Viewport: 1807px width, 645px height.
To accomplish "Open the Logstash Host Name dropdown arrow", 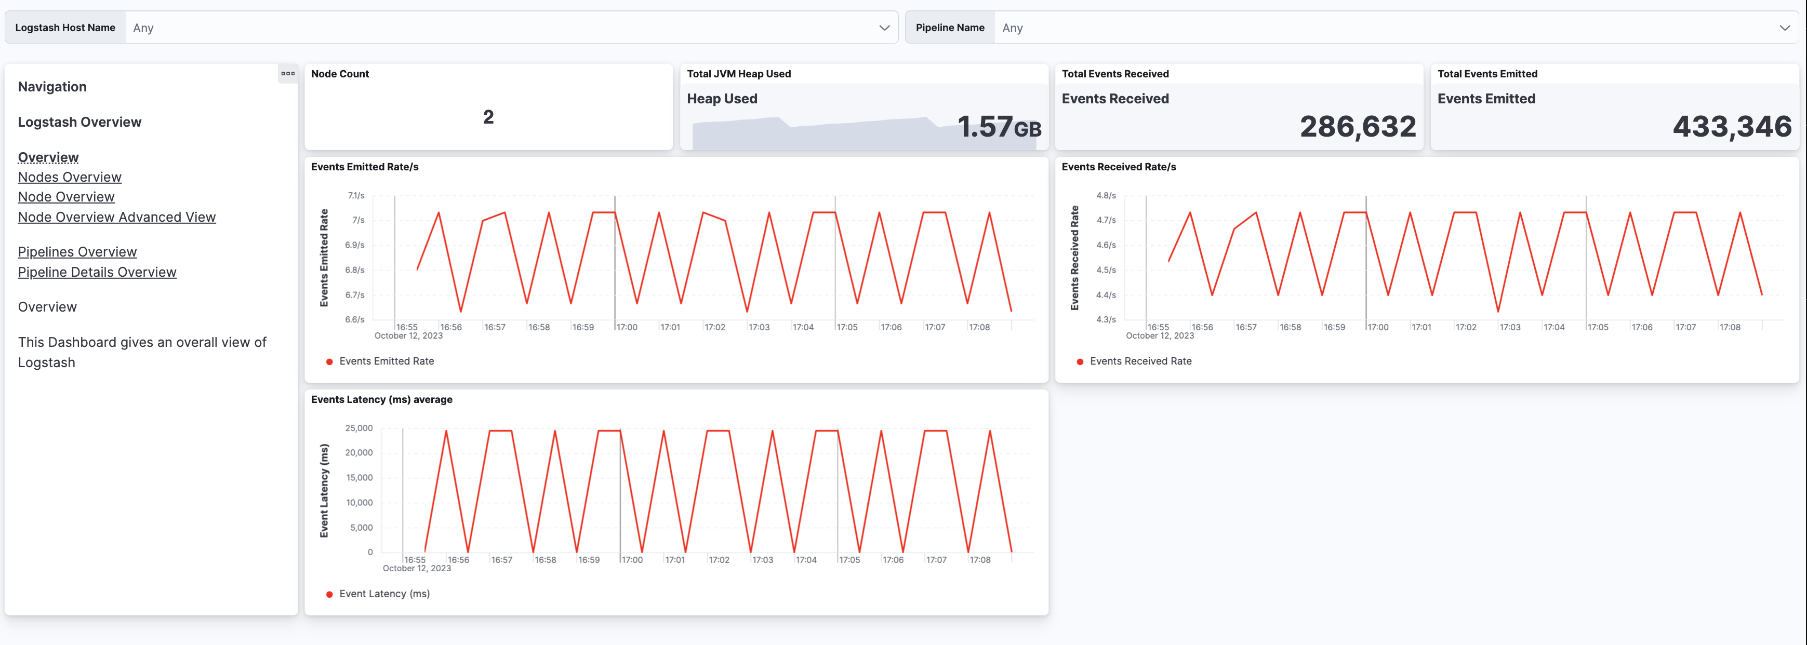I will pos(884,28).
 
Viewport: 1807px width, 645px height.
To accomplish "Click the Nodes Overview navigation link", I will pos(70,178).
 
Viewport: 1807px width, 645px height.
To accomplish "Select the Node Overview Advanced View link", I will pos(116,217).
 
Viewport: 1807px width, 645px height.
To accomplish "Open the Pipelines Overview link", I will pos(77,252).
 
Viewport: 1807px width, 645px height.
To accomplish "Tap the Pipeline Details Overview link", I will pos(97,272).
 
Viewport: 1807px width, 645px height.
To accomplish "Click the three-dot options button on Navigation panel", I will pos(288,74).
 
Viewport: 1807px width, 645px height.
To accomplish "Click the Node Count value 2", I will pos(488,117).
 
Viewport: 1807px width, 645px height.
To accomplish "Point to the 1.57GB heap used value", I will pos(999,127).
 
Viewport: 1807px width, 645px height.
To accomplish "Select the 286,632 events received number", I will pos(1358,127).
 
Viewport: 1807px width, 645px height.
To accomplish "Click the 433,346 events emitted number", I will pos(1732,127).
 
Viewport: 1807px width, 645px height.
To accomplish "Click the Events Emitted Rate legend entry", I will pos(386,361).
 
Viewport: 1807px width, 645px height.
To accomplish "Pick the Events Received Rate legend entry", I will pos(1140,361).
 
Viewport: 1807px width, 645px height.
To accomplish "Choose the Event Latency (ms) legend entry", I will pos(384,594).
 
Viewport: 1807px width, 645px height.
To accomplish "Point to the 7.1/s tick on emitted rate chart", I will pos(356,196).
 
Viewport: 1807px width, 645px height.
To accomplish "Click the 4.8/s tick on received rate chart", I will pos(1106,196).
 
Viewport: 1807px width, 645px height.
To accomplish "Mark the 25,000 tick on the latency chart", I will pos(358,428).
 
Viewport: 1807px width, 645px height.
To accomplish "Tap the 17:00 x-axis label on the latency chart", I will pos(632,560).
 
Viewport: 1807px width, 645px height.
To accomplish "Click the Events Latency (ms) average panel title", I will pos(381,400).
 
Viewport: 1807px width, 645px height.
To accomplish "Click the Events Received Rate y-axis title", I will pos(1074,258).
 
